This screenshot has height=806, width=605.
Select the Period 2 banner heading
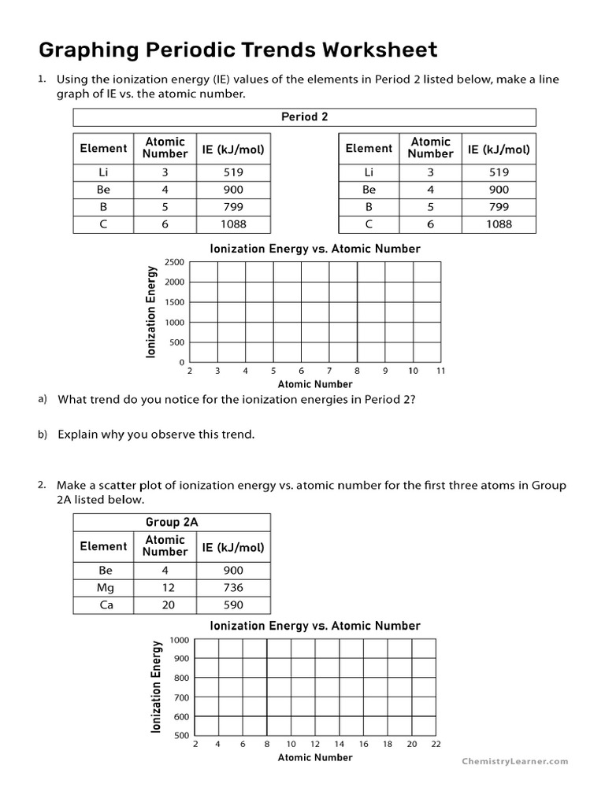point(304,117)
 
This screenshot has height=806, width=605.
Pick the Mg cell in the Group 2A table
point(103,588)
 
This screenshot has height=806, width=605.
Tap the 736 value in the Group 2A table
point(233,588)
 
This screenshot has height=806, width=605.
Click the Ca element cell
point(103,605)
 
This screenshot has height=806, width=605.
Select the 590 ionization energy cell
point(233,605)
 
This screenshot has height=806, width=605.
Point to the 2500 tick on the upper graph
point(174,262)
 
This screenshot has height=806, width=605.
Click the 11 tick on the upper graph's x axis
point(441,370)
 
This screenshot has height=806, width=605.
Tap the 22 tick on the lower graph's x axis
point(436,744)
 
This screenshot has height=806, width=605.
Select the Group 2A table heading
point(171,523)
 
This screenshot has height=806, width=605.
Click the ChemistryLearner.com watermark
point(514,761)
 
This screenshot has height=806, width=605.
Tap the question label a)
point(43,399)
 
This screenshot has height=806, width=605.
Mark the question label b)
point(43,434)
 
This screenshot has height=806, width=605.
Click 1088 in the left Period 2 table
point(233,224)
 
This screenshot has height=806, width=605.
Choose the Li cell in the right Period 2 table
point(369,172)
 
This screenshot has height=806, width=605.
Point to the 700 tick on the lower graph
point(181,697)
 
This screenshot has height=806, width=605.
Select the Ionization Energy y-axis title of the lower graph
point(156,686)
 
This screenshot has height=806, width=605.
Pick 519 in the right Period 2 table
point(499,172)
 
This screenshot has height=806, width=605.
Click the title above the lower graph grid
point(315,626)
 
